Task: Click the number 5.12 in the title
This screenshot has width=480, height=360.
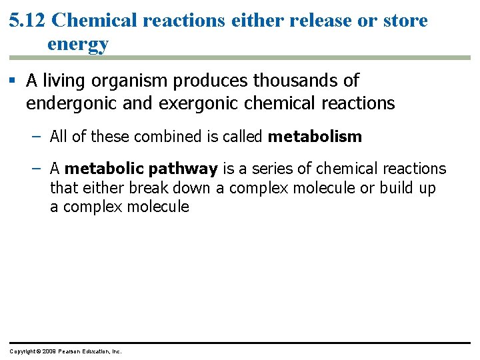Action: [27, 21]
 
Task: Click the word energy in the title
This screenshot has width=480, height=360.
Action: [78, 45]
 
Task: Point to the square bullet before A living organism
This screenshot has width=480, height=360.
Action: [13, 81]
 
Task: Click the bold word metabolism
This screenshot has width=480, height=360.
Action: [315, 137]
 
